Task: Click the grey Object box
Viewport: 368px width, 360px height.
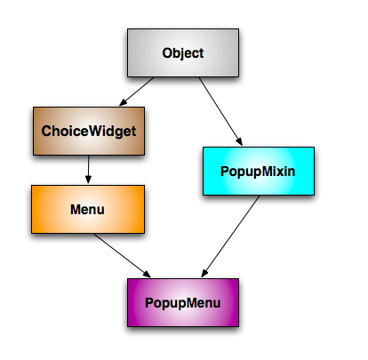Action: [x=183, y=52]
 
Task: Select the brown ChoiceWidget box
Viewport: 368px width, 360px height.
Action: [x=89, y=131]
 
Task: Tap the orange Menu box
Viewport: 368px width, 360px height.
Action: [x=88, y=209]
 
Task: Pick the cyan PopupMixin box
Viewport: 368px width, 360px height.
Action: [x=259, y=171]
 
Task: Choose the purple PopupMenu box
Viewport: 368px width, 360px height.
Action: [x=183, y=302]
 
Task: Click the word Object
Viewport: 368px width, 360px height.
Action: [x=183, y=53]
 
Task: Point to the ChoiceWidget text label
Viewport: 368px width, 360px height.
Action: [x=89, y=132]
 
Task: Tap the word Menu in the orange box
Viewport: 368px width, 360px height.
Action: [x=87, y=210]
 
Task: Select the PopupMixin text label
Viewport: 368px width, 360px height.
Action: [x=258, y=172]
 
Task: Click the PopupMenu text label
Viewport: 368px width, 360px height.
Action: [x=183, y=303]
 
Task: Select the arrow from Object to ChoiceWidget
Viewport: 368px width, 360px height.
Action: [x=137, y=92]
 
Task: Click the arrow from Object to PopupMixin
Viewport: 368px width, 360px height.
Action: [x=220, y=111]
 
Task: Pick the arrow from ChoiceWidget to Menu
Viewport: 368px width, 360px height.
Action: [x=88, y=169]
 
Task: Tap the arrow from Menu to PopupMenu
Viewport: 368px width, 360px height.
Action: [x=122, y=255]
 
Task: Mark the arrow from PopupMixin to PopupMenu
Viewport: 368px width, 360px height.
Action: [x=230, y=236]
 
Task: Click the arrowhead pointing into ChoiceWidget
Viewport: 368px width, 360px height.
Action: [x=123, y=102]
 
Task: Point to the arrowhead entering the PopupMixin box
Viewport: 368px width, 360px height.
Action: [x=239, y=141]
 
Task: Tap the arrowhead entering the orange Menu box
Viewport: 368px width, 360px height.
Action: [x=88, y=180]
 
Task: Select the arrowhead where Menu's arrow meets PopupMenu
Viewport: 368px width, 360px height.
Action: [x=147, y=274]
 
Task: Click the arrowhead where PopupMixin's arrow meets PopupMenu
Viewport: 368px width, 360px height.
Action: [x=204, y=273]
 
